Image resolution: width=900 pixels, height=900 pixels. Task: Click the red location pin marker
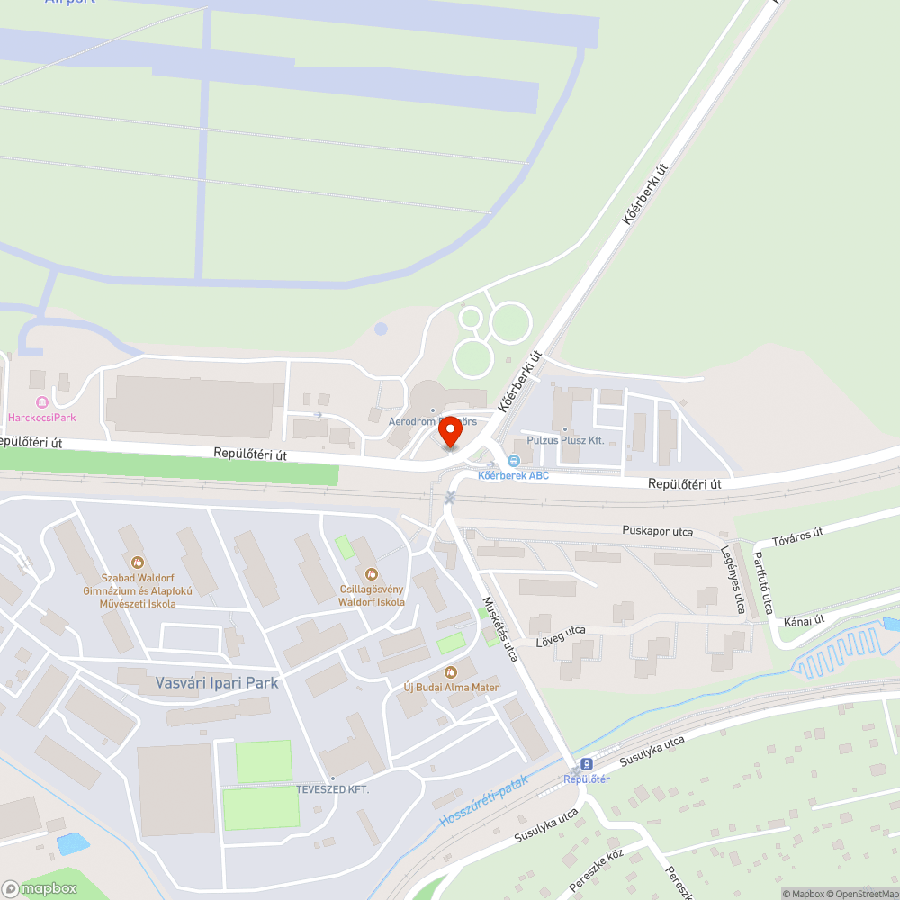tap(450, 433)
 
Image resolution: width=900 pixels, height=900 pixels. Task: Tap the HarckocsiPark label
tap(41, 418)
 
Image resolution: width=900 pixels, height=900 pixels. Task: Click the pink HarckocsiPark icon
tap(41, 401)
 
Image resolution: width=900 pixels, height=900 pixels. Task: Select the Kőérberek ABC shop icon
tap(514, 461)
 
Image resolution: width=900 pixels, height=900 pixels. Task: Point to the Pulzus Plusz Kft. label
tap(565, 440)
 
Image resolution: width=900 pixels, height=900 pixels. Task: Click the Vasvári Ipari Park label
tap(217, 683)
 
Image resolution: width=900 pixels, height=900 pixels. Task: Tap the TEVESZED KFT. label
tap(333, 789)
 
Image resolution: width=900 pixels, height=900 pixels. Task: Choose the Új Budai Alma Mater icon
tap(450, 671)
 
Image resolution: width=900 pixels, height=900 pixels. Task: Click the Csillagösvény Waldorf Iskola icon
tap(370, 573)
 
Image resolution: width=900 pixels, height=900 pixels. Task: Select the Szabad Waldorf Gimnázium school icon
tap(137, 562)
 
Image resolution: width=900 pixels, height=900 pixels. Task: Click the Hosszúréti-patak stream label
tap(483, 803)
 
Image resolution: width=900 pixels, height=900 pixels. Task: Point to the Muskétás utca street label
tap(500, 629)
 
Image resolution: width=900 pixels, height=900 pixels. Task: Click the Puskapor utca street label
tap(657, 531)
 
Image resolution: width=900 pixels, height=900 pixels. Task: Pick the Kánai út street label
tap(805, 620)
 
